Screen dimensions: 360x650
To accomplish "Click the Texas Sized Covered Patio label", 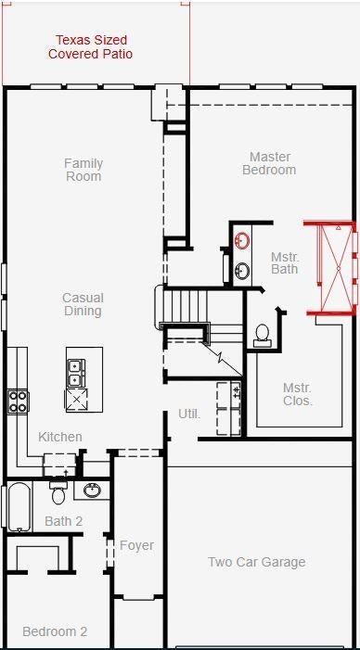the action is pos(90,47).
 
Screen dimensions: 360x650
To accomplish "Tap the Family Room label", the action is pos(84,170).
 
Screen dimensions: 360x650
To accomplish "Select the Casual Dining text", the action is pos(83,304).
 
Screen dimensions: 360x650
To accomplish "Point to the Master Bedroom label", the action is pos(269,163).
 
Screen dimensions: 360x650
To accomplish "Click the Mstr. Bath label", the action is pos(285,262).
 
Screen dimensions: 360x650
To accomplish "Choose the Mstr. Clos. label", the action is pos(298,394).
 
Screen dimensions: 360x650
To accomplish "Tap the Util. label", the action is pos(189,414).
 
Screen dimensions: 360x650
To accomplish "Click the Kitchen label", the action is pos(60,437).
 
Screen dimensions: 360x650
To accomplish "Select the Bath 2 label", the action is pos(63,521).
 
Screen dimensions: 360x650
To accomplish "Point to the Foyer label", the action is pos(137,545).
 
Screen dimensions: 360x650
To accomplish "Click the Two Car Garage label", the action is pos(257,562).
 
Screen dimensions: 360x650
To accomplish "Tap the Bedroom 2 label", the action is pos(55,631).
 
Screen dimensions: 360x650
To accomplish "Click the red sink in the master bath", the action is pos(242,240).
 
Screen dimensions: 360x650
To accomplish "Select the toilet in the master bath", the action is pos(263,336).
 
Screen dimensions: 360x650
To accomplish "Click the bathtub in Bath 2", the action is pos(19,506).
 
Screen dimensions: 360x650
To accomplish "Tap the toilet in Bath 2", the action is pos(58,492).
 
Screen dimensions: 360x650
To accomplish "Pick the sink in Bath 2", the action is pos(92,491).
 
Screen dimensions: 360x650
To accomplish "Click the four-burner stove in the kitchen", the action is pos(19,401).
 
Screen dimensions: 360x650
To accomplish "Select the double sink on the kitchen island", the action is pos(76,373).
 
